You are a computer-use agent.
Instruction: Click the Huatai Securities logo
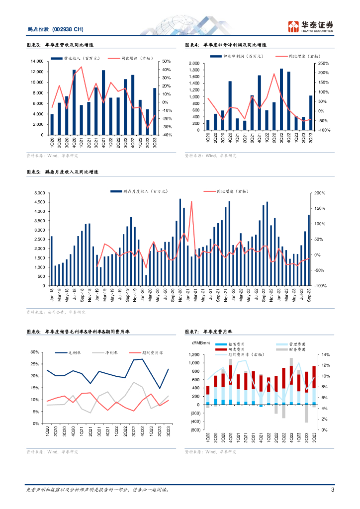click(310, 26)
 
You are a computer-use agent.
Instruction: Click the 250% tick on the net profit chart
click(325, 64)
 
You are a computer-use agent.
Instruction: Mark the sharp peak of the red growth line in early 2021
click(191, 202)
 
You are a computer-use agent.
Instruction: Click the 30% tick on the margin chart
click(36, 352)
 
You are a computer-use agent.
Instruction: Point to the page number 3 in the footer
click(332, 490)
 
